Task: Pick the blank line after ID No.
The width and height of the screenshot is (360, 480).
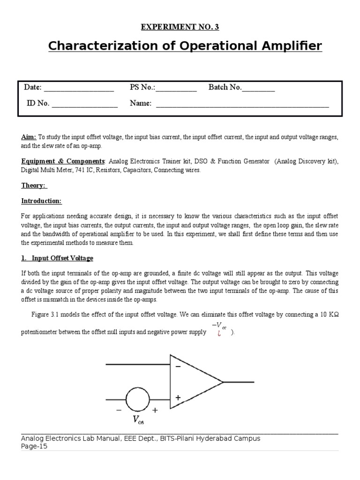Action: pos(84,105)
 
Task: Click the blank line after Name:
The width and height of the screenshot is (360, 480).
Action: pos(242,105)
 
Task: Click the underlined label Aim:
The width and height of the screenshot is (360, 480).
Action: pos(29,137)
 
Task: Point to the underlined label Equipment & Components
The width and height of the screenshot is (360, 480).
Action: pos(63,161)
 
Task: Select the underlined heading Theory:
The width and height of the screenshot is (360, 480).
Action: pos(34,185)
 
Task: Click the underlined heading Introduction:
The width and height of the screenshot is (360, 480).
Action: pos(41,201)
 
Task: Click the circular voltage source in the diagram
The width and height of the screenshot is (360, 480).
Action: pos(138,399)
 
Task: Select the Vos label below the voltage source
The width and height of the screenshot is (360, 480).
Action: pos(138,420)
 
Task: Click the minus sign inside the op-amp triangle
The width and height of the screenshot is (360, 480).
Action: pos(178,367)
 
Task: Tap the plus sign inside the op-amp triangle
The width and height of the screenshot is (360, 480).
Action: pos(178,397)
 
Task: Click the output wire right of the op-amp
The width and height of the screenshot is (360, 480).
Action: pos(239,382)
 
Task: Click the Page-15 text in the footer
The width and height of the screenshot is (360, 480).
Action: pos(34,446)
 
